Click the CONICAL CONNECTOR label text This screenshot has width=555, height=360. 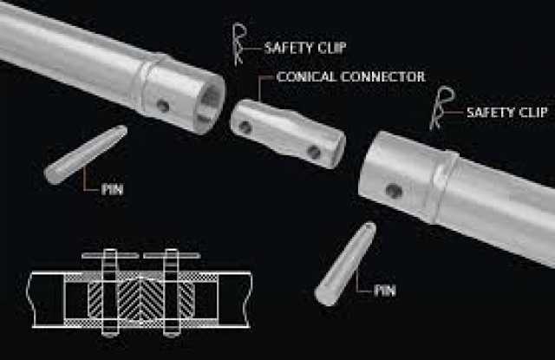pos(350,78)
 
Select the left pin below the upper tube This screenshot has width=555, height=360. pos(85,154)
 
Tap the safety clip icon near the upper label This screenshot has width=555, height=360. pos(239,44)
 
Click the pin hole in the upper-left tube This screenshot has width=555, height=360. pos(162,106)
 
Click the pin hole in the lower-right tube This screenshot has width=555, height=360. pos(395,190)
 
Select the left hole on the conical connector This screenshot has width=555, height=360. pos(247,128)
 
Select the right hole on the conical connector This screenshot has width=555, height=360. pos(314,153)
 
